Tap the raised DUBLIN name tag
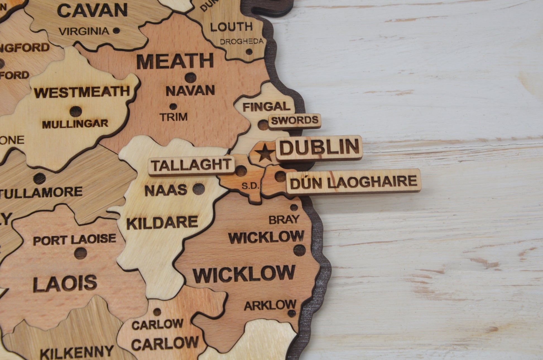tap(319, 148)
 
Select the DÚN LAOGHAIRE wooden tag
tap(353, 182)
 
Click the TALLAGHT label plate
tap(192, 166)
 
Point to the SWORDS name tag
tap(295, 121)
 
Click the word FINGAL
tap(266, 107)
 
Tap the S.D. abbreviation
tap(250, 186)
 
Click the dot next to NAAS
tap(198, 189)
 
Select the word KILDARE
tap(162, 223)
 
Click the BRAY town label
tap(284, 220)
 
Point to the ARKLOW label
tap(270, 305)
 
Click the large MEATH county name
tap(175, 62)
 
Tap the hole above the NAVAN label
tap(191, 77)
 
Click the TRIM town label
tap(174, 117)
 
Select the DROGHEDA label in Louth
tap(241, 42)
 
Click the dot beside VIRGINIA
tap(116, 31)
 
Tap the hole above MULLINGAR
tap(76, 111)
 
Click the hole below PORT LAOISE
tap(81, 253)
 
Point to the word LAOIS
tap(65, 283)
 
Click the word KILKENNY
tap(77, 352)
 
